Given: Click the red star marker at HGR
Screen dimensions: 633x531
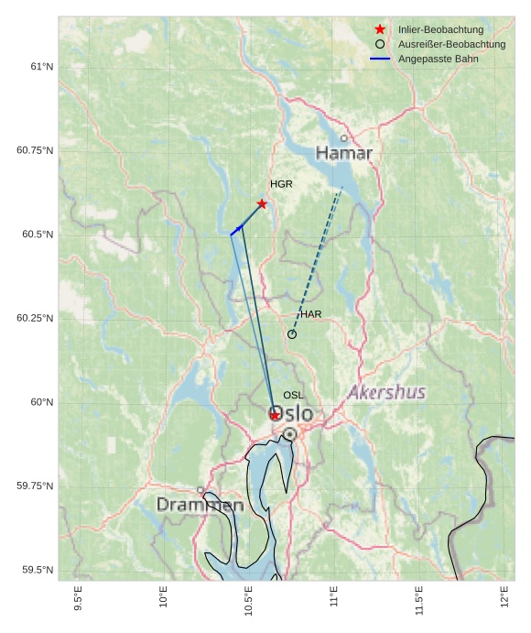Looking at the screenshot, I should (262, 203).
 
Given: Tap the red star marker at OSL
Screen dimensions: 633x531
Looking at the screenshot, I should (275, 416).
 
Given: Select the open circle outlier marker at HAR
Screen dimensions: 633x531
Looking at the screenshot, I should (292, 334).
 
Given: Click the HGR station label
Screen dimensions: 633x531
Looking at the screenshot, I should (281, 184).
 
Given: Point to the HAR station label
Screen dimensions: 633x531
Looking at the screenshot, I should (311, 314).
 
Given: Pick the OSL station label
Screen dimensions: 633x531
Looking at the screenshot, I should (293, 395).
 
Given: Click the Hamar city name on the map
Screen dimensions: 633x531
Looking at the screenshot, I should (344, 153).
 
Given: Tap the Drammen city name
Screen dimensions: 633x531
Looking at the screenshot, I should (200, 505).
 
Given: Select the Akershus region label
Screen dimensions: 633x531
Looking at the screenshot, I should (386, 392).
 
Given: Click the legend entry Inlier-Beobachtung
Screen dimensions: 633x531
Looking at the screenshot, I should (440, 30).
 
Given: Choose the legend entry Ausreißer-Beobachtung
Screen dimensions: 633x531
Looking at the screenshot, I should (451, 44).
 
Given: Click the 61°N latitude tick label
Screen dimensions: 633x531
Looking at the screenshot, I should (41, 67).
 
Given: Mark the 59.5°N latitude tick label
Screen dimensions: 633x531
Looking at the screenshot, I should (38, 570).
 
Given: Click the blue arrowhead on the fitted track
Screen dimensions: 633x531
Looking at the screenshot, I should (240, 226).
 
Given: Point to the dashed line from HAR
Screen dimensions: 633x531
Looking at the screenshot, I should (317, 261).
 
